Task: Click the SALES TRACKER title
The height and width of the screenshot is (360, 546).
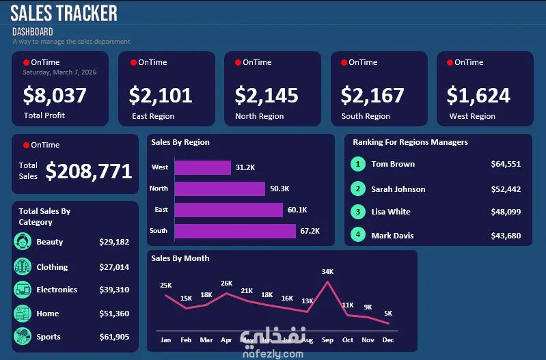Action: [64, 13]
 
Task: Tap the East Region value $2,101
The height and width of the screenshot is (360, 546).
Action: [161, 95]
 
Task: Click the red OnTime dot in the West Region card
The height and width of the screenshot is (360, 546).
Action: [450, 63]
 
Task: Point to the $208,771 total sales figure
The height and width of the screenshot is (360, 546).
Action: [89, 171]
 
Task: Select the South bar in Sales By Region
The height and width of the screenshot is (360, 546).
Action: [235, 231]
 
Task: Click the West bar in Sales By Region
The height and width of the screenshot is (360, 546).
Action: [203, 167]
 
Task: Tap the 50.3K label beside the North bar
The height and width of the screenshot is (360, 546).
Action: [279, 189]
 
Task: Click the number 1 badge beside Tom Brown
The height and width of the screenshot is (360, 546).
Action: [357, 164]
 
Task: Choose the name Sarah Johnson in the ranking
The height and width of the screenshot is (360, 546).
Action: [398, 189]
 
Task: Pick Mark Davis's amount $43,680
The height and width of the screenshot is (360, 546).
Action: [506, 236]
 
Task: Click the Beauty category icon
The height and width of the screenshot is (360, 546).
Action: [23, 242]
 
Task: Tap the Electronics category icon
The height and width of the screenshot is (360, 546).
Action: [23, 290]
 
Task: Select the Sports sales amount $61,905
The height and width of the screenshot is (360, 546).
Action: [114, 337]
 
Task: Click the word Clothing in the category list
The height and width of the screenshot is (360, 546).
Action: [52, 267]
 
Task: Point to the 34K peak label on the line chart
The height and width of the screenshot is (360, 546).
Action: [327, 272]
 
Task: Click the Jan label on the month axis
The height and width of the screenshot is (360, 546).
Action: [165, 340]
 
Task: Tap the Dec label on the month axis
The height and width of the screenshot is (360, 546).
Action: [388, 340]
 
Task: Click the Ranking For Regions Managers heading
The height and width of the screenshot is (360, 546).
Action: [410, 142]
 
